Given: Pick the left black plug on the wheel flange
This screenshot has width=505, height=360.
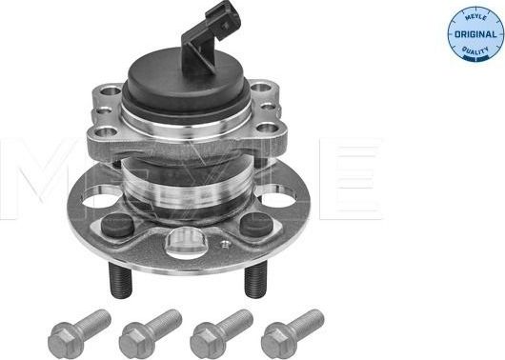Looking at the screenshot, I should click(x=119, y=226).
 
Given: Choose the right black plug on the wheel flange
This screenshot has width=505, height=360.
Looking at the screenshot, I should click(x=254, y=225).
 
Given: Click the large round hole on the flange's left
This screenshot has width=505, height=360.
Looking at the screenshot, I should click(x=94, y=199).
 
